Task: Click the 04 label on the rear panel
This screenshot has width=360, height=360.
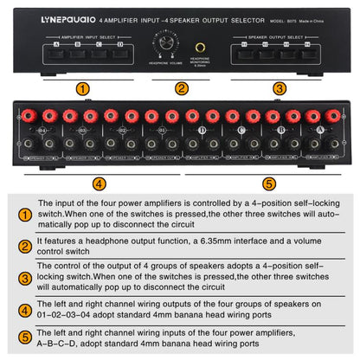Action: [35, 130]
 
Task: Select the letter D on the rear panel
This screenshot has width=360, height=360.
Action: [202, 130]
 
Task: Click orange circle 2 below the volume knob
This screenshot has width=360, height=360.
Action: [181, 87]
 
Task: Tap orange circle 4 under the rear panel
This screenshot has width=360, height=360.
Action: [100, 183]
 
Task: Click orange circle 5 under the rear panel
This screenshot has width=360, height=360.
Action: [269, 183]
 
